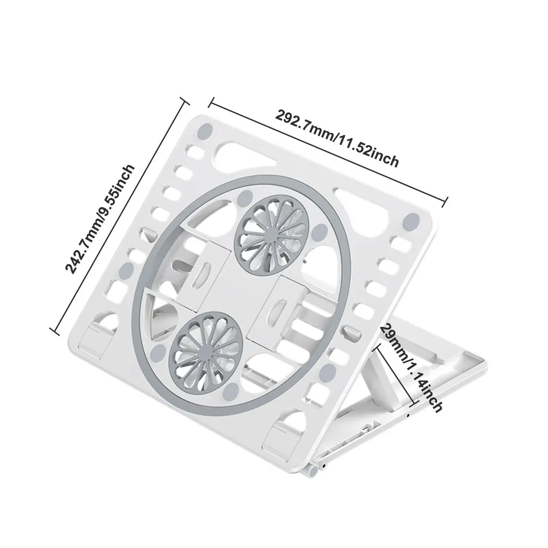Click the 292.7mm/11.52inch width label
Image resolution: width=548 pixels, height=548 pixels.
(x=337, y=138)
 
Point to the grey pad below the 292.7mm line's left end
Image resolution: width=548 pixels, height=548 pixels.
(x=205, y=130)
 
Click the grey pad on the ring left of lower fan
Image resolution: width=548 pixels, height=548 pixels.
(x=157, y=353)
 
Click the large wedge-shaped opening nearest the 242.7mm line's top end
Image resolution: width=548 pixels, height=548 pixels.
(x=240, y=153)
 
